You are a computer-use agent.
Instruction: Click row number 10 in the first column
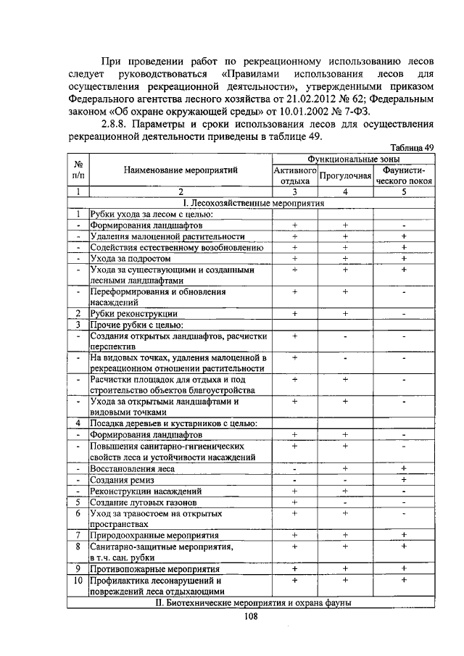click(77, 581)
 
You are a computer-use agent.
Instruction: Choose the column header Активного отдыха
click(294, 175)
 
